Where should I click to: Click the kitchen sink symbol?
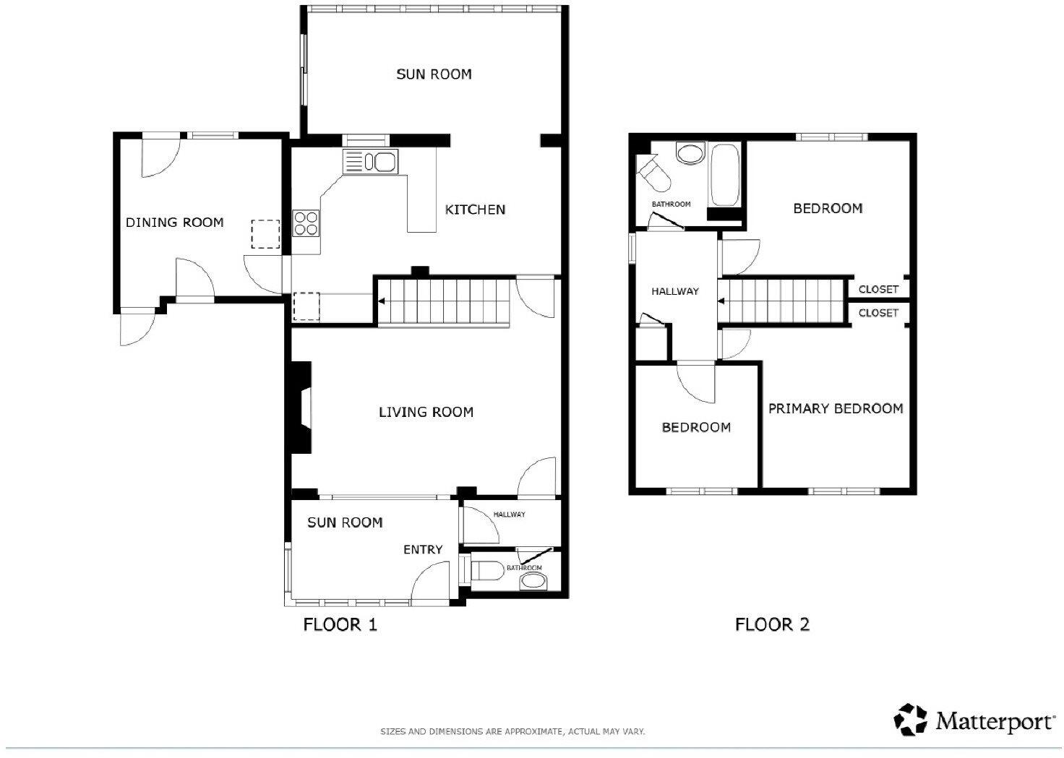click(x=370, y=162)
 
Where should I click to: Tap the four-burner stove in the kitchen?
click(x=306, y=223)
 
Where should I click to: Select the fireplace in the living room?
click(x=301, y=408)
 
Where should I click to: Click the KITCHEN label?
click(x=475, y=210)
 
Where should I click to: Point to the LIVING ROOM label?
click(x=426, y=412)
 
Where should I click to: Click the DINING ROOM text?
click(x=174, y=223)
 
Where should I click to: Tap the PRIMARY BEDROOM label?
click(x=836, y=409)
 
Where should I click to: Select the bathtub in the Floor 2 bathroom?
click(x=724, y=176)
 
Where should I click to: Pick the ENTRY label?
click(x=423, y=550)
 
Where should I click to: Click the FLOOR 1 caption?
click(x=340, y=624)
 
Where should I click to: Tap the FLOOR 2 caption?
click(x=772, y=624)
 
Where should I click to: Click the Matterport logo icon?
click(x=910, y=720)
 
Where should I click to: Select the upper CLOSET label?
click(x=878, y=289)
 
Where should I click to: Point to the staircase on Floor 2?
click(x=784, y=300)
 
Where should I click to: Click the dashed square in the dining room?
click(x=265, y=234)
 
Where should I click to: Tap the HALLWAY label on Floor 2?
click(x=675, y=292)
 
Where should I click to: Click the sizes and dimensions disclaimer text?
click(x=512, y=732)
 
